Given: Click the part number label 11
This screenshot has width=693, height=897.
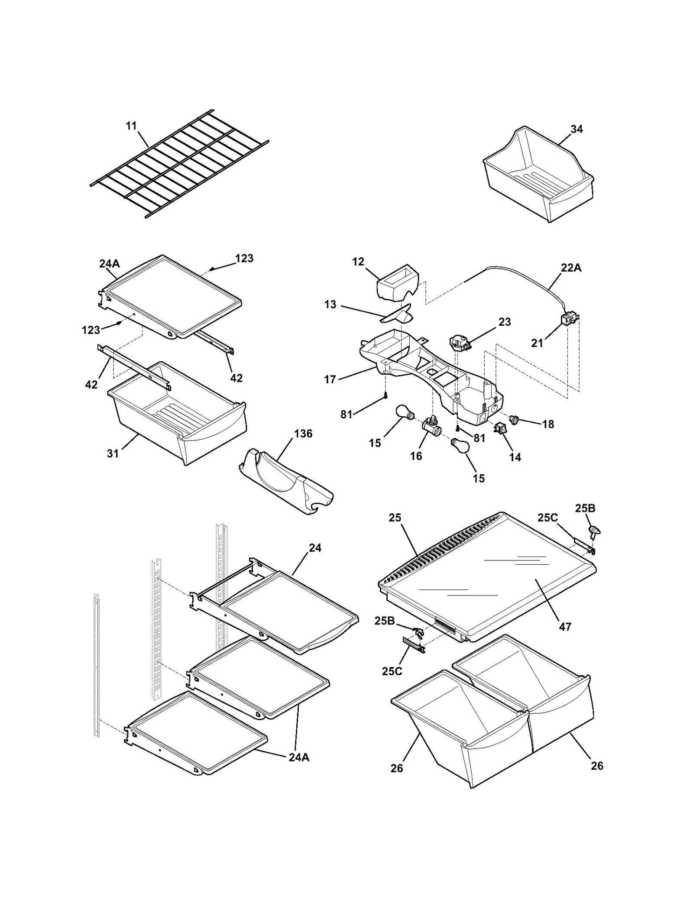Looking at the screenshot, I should click(x=131, y=126).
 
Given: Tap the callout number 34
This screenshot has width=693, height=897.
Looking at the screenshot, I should click(x=576, y=129).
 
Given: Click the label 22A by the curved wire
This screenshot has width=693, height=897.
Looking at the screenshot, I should click(x=571, y=268).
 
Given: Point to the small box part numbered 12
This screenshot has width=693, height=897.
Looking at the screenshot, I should click(x=396, y=282).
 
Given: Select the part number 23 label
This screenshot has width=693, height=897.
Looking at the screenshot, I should click(x=505, y=322).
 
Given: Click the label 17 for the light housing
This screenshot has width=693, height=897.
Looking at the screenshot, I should click(x=330, y=379).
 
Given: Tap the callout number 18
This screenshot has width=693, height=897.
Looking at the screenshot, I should click(x=548, y=424).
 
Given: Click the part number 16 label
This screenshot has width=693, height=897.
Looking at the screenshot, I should click(x=416, y=456).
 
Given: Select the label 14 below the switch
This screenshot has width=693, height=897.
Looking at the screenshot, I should click(x=515, y=457).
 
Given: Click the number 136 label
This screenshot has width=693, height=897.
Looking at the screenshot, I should click(x=303, y=434).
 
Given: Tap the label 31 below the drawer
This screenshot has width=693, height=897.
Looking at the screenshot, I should click(x=113, y=453).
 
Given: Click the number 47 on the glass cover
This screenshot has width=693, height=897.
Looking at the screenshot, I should click(x=565, y=626).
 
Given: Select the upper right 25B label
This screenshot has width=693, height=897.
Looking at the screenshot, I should click(x=585, y=508).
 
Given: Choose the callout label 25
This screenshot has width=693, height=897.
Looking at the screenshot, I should click(x=395, y=518).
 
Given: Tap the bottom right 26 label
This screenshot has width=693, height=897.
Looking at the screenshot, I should click(x=597, y=766).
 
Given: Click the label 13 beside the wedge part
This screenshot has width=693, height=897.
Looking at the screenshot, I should click(x=330, y=304).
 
